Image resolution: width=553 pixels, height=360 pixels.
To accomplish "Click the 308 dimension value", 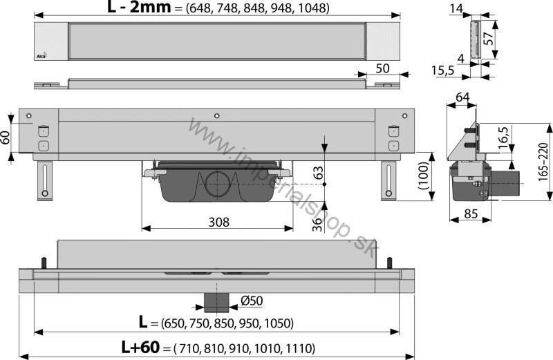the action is click(x=218, y=222).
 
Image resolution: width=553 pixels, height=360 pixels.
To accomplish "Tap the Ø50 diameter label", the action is click(x=252, y=301).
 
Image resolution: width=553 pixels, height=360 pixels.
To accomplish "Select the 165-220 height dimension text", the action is click(x=543, y=162).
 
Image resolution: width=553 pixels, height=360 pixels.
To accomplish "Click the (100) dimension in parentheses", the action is click(x=423, y=176).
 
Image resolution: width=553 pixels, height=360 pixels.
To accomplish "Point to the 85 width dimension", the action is click(x=471, y=214).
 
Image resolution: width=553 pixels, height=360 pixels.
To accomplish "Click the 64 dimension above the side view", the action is click(x=462, y=97).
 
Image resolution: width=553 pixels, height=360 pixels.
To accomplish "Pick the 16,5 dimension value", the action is click(x=504, y=138).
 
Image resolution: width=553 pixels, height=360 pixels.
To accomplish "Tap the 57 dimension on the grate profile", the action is click(x=488, y=39).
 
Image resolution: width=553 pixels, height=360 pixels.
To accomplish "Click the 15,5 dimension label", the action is click(x=443, y=70).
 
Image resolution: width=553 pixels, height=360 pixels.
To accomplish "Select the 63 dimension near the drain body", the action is click(x=318, y=173).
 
